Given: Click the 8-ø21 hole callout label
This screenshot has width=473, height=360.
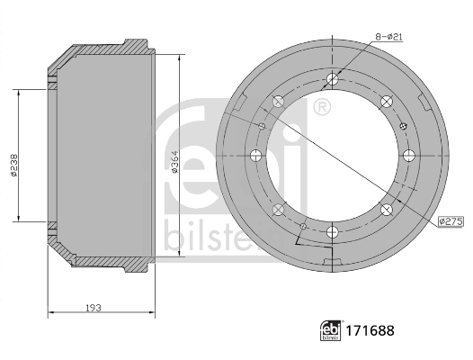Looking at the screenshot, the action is [x=388, y=37].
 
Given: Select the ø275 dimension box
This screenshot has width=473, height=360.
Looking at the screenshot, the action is [x=451, y=221].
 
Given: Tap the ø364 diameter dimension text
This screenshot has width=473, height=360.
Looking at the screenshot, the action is [x=174, y=162].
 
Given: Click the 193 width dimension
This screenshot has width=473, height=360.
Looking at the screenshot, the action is [x=94, y=308].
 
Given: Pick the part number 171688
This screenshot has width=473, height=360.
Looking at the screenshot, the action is [x=370, y=330].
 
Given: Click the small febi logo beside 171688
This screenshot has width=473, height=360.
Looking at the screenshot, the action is [x=331, y=330].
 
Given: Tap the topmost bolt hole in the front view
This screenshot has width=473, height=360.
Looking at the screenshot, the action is [x=333, y=79].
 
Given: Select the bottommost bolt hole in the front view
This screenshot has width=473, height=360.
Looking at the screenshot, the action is [x=332, y=231].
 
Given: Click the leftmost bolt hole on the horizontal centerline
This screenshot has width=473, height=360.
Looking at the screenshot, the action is [x=256, y=156].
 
